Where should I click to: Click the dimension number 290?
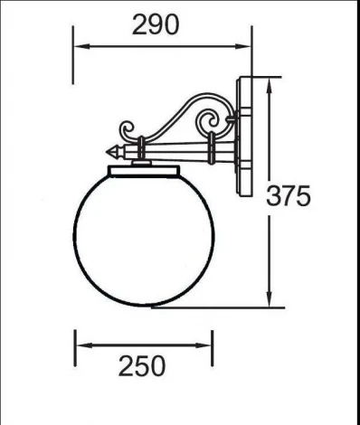pos(155,24)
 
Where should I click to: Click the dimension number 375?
pos(289,195)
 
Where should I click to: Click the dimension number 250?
pos(142,365)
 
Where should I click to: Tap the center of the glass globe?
pos(143,238)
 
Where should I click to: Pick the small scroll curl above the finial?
pos(128,129)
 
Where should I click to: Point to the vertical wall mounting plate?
pos(245,140)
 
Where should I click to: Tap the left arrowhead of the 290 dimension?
pos(79,46)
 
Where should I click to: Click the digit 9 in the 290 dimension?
pos(155,24)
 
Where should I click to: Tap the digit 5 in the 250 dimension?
pos(142,365)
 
